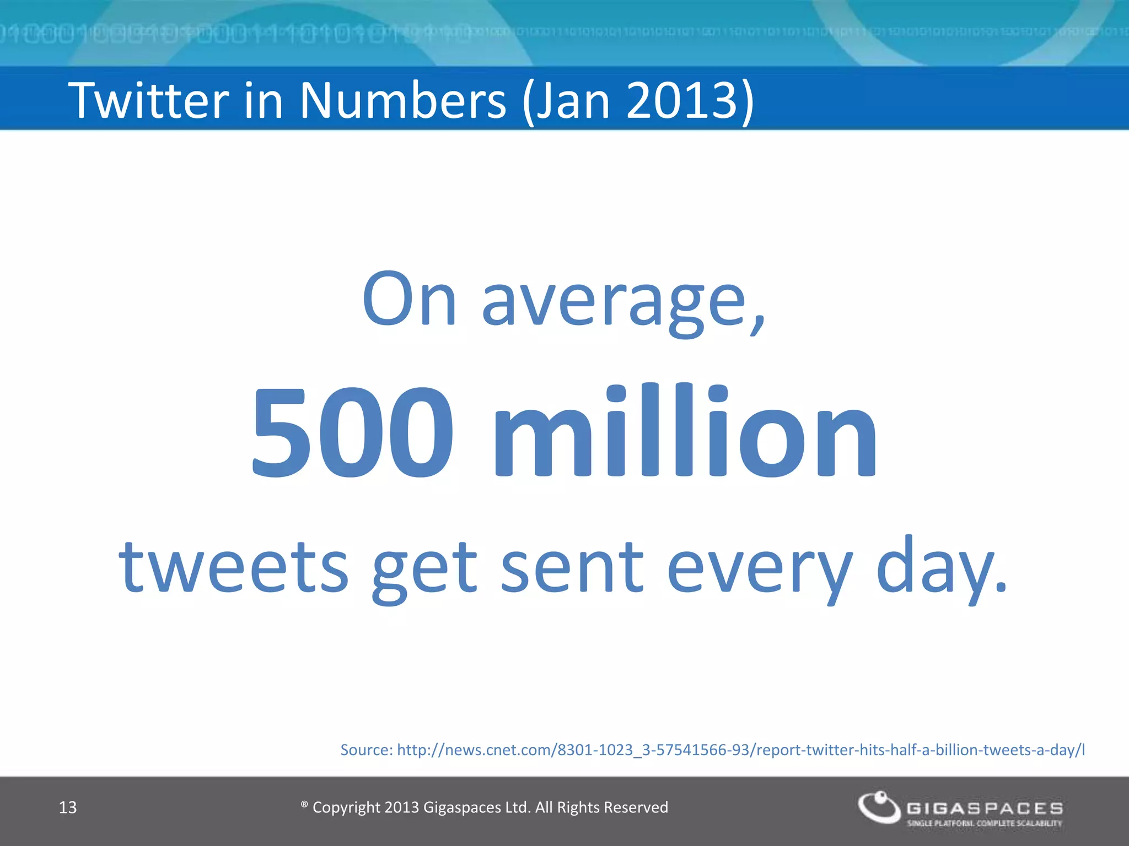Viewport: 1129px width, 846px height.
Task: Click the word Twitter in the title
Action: tap(148, 100)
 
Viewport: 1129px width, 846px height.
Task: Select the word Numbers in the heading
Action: tap(402, 100)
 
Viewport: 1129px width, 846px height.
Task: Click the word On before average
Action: tap(409, 300)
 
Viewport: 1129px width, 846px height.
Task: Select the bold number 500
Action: tap(353, 432)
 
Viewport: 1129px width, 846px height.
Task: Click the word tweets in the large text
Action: tap(234, 567)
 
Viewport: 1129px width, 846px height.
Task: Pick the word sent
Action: tap(572, 567)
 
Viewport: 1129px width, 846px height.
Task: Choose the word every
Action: tap(760, 570)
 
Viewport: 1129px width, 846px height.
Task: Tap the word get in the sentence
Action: tap(424, 570)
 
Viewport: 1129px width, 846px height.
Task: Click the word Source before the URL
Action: tap(366, 750)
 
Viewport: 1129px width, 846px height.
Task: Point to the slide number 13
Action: tap(67, 807)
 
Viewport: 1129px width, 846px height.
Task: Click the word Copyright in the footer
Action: tap(346, 807)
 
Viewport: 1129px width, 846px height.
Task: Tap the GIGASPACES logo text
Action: tap(985, 809)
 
